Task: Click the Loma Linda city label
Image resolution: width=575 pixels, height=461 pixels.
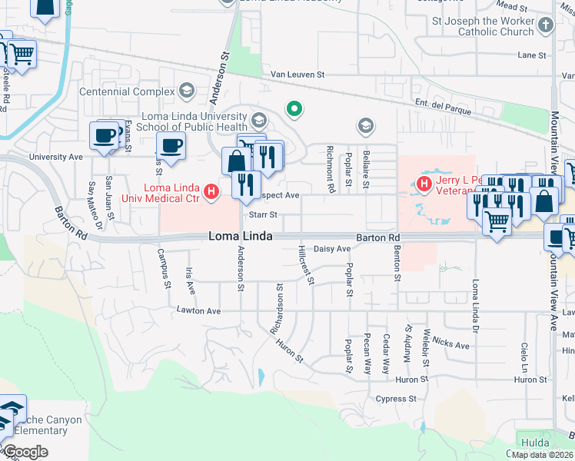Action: coord(240,237)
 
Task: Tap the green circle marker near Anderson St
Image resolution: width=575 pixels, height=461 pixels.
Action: coord(293,109)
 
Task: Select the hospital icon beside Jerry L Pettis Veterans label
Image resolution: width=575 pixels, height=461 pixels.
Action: coord(422,184)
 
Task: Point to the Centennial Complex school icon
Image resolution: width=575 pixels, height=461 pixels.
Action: coord(186,91)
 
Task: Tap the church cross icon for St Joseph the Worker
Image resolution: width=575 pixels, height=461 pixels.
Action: coord(545,25)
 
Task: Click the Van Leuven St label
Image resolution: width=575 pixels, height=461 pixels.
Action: coord(297,75)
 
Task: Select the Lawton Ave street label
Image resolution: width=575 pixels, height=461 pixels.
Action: coord(198,311)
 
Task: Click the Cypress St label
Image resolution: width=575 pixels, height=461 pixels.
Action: coord(396,399)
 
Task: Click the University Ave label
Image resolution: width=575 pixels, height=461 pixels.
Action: coord(55,157)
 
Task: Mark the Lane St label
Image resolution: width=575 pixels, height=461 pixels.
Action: coord(531,55)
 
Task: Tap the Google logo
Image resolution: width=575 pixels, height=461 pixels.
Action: coord(25,452)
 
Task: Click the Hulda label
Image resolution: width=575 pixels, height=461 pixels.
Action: coord(535,443)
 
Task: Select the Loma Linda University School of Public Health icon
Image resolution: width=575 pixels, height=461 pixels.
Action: coord(258,119)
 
